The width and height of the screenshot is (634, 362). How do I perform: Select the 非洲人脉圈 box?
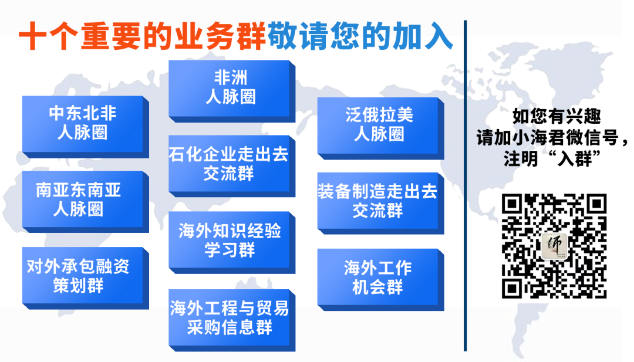click(x=230, y=88)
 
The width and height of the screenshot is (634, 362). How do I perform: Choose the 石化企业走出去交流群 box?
click(x=230, y=164)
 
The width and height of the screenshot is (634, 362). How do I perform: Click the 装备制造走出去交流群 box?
click(x=379, y=201)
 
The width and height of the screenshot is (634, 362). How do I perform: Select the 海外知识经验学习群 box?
click(x=230, y=239)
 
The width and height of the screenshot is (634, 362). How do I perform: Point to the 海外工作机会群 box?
click(x=379, y=277)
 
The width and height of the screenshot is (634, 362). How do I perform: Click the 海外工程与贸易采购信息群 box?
click(x=230, y=317)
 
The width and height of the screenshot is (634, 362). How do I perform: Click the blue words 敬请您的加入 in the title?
click(x=360, y=38)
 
